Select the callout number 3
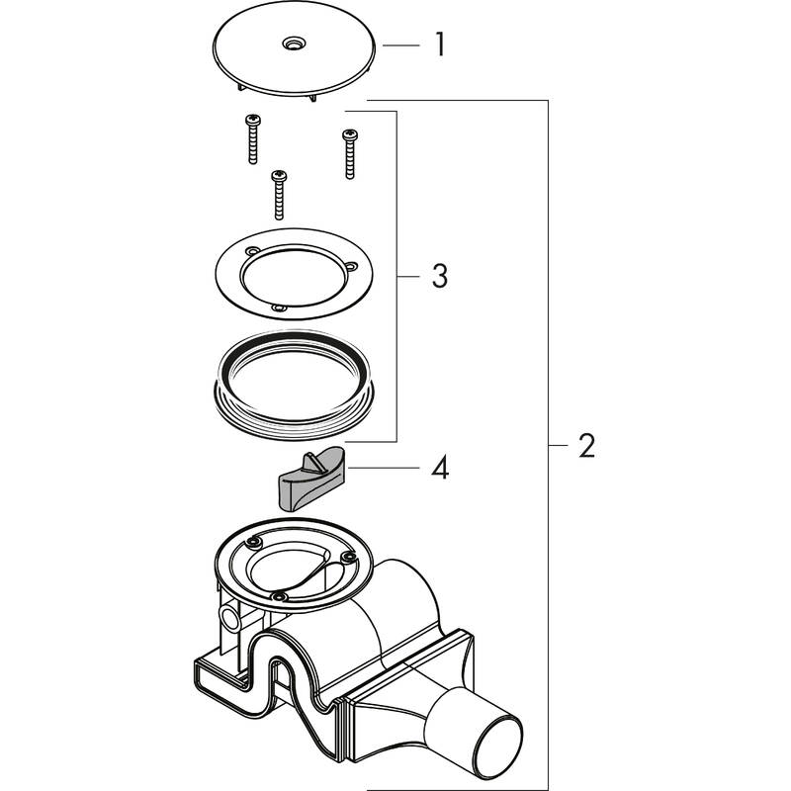click(438, 276)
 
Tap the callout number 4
click(439, 468)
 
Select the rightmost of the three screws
click(348, 153)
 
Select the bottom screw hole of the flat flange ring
click(279, 309)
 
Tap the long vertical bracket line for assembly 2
click(548, 445)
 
